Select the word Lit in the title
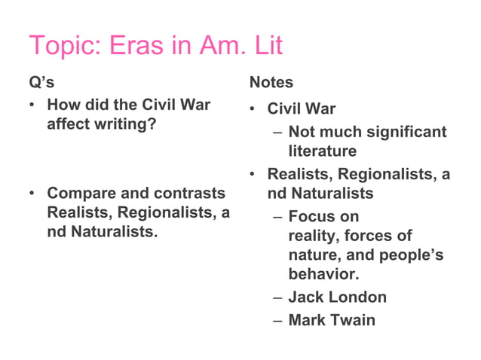tap(265, 47)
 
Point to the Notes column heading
tap(271, 82)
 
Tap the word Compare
tap(78, 194)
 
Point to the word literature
tap(322, 151)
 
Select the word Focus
tap(313, 217)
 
